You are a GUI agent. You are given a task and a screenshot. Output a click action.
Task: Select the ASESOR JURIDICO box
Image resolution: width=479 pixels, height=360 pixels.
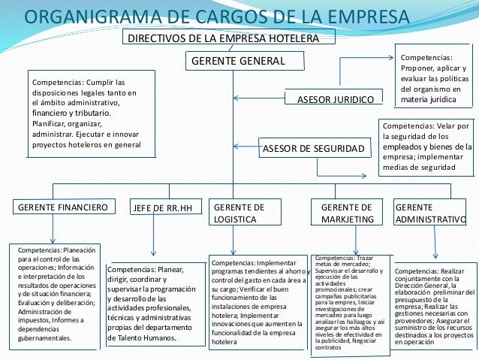click(330, 98)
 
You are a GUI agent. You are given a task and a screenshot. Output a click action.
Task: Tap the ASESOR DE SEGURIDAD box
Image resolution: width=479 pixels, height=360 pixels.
click(316, 149)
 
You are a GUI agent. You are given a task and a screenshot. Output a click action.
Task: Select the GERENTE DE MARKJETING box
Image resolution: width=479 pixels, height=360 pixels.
click(346, 213)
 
